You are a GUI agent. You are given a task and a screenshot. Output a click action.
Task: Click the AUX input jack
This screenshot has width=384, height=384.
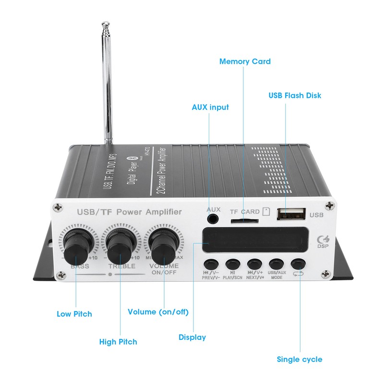click(213, 219)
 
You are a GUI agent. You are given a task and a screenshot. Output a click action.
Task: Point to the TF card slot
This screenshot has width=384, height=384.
click(243, 221)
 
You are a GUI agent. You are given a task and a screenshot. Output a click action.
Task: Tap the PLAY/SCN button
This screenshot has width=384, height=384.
click(232, 264)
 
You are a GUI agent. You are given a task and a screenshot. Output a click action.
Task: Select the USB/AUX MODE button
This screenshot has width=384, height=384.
click(276, 264)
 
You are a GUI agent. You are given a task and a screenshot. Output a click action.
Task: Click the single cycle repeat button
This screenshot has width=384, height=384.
click(298, 264)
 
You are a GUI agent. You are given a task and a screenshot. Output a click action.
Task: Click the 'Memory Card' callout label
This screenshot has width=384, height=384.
click(245, 61)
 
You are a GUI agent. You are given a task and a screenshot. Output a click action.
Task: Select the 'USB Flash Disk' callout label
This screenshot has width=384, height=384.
click(295, 96)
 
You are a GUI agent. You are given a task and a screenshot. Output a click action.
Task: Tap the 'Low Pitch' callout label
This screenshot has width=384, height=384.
click(74, 314)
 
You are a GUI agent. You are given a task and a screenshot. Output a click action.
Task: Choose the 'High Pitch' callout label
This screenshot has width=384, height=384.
click(118, 342)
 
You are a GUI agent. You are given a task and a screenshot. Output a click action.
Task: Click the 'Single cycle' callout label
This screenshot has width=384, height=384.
click(300, 359)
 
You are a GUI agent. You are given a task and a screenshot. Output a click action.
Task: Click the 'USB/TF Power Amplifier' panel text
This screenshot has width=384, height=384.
click(130, 212)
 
